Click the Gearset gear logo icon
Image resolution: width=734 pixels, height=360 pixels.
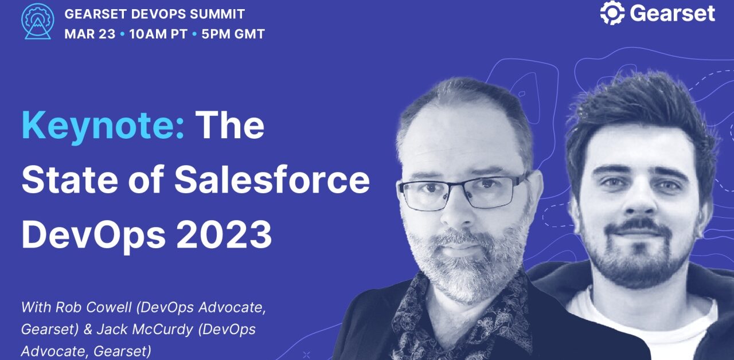coord(612,13)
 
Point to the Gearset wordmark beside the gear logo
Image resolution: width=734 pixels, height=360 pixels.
coord(672,13)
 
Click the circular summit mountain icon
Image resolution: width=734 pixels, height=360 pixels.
coord(37,21)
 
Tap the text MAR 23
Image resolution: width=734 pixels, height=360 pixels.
coord(89,34)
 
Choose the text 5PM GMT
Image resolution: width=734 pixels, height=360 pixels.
coord(232,34)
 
